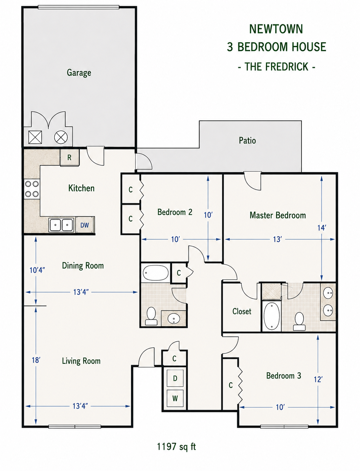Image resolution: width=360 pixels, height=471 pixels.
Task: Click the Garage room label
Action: (x=79, y=73)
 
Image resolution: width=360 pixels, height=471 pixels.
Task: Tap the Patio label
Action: (x=247, y=140)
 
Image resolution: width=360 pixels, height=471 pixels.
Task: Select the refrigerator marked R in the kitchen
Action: (x=69, y=157)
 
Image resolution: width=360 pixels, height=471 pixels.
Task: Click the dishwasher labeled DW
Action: (x=84, y=225)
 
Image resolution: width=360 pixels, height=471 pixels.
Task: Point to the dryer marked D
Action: (x=175, y=378)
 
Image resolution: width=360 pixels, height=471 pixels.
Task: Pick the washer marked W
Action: (x=175, y=398)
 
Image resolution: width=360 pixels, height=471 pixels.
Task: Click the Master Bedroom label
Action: (x=278, y=215)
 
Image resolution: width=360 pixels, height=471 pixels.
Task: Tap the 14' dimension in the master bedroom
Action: (x=322, y=228)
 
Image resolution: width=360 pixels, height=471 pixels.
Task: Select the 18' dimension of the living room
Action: (x=36, y=360)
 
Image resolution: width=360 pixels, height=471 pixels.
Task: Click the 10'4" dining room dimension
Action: (x=37, y=270)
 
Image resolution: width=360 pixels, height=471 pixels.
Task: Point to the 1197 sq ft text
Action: (x=176, y=447)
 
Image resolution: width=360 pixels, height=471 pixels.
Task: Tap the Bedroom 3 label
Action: (x=283, y=375)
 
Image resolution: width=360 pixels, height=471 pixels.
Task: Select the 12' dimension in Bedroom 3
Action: (x=318, y=379)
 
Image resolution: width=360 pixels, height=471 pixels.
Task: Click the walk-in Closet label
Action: (x=242, y=311)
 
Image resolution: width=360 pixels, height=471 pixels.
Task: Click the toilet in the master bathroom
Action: (x=299, y=321)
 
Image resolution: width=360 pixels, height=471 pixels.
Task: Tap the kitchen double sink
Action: (x=61, y=225)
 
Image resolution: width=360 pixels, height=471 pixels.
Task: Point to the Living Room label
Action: (x=81, y=361)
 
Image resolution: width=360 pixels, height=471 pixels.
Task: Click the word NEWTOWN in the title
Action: (x=276, y=29)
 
